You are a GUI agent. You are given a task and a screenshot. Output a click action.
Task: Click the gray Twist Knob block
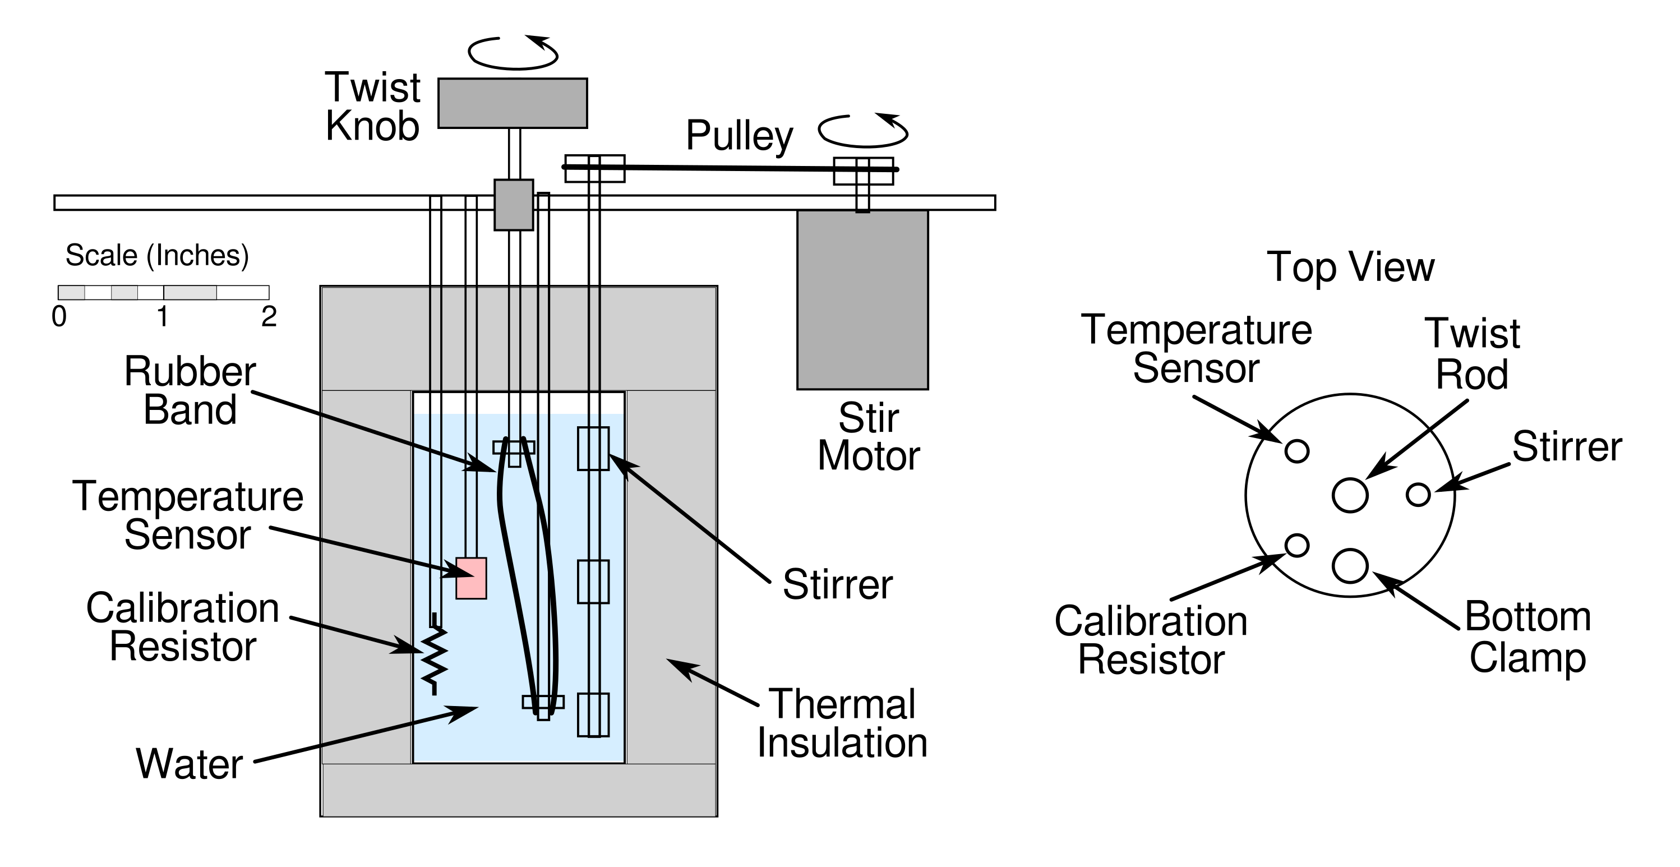[513, 103]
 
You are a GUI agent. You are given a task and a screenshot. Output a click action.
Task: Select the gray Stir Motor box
[862, 300]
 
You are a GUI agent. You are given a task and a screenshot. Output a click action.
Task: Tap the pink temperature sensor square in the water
[471, 578]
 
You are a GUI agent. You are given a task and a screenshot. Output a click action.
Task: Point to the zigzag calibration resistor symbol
[435, 659]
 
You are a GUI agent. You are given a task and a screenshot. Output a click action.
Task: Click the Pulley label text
[739, 136]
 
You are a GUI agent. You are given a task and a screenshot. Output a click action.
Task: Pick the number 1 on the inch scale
[163, 317]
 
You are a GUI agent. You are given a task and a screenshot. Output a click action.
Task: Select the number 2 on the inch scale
[269, 317]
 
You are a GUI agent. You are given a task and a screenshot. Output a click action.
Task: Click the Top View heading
[1350, 267]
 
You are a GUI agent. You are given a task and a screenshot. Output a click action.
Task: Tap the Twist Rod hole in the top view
[1349, 495]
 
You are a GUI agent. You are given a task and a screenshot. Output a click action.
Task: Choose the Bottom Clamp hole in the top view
[1349, 565]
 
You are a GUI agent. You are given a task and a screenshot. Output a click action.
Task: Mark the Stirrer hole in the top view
[1418, 495]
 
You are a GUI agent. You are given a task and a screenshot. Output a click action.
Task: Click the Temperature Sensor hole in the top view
[1296, 451]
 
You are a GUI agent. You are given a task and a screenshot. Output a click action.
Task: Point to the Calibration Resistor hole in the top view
[1296, 545]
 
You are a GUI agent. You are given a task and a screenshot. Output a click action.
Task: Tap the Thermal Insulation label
[842, 723]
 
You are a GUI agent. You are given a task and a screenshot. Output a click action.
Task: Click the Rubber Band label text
[190, 391]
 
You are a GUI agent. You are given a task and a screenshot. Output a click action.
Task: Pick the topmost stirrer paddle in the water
[593, 448]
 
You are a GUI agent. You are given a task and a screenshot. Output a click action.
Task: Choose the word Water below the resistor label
[189, 764]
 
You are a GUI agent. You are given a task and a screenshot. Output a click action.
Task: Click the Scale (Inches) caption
[157, 256]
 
